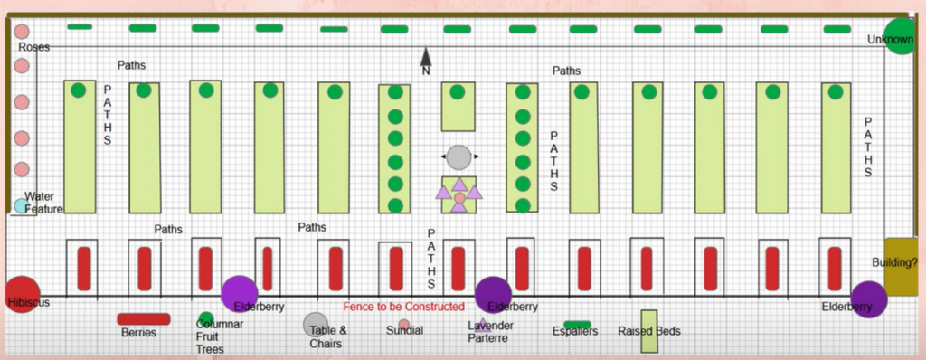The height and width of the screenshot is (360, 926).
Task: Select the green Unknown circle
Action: (901, 36)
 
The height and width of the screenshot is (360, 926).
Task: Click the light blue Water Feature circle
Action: (21, 205)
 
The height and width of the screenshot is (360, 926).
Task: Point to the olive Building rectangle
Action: (901, 265)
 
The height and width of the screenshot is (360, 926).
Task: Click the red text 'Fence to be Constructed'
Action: (403, 307)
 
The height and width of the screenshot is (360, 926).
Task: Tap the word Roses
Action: (33, 47)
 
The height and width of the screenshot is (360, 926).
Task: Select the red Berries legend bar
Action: (144, 318)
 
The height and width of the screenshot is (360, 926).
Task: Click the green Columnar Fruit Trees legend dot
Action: (206, 318)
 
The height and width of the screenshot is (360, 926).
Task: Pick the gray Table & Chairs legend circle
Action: (316, 324)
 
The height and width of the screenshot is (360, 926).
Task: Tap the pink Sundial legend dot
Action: (404, 324)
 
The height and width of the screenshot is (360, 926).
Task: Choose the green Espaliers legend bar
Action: (577, 324)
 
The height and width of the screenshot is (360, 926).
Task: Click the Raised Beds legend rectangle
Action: (648, 330)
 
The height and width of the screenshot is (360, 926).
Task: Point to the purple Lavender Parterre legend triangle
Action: (482, 324)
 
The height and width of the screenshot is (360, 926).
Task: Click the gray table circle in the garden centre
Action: (459, 156)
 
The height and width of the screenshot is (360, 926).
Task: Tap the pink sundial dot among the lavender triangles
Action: (459, 196)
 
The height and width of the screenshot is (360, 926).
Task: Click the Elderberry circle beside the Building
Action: (868, 299)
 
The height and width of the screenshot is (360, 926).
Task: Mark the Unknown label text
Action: (890, 40)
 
